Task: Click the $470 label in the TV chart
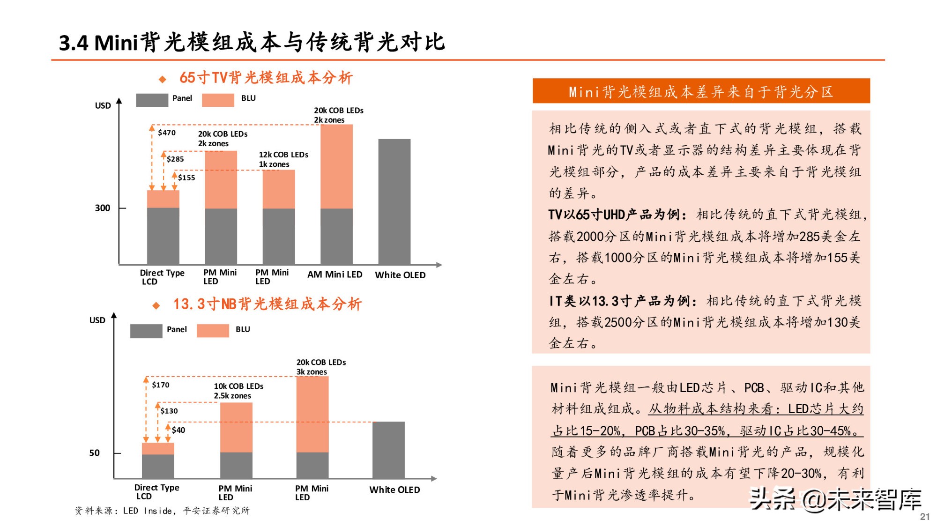pos(167,133)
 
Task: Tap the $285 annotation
pos(175,159)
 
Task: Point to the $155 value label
pos(186,178)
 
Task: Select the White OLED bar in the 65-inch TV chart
pos(394,201)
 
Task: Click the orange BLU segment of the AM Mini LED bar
pos(336,166)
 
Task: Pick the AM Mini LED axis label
pos(335,275)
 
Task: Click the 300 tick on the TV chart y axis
pos(103,208)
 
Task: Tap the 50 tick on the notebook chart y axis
pos(95,453)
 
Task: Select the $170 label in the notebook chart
pos(161,385)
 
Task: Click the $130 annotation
pos(169,411)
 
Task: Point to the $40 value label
pos(178,430)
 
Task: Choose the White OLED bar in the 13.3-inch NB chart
pos(388,450)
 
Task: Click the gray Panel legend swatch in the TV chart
pos(152,100)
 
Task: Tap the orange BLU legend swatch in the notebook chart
pos(213,331)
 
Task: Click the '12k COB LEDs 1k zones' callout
pos(283,159)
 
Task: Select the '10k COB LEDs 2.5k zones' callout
pos(238,391)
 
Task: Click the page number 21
pos(925,516)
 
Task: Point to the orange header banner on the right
pos(701,91)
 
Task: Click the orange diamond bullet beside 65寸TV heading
pos(163,79)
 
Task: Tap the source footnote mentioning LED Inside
pos(162,511)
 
